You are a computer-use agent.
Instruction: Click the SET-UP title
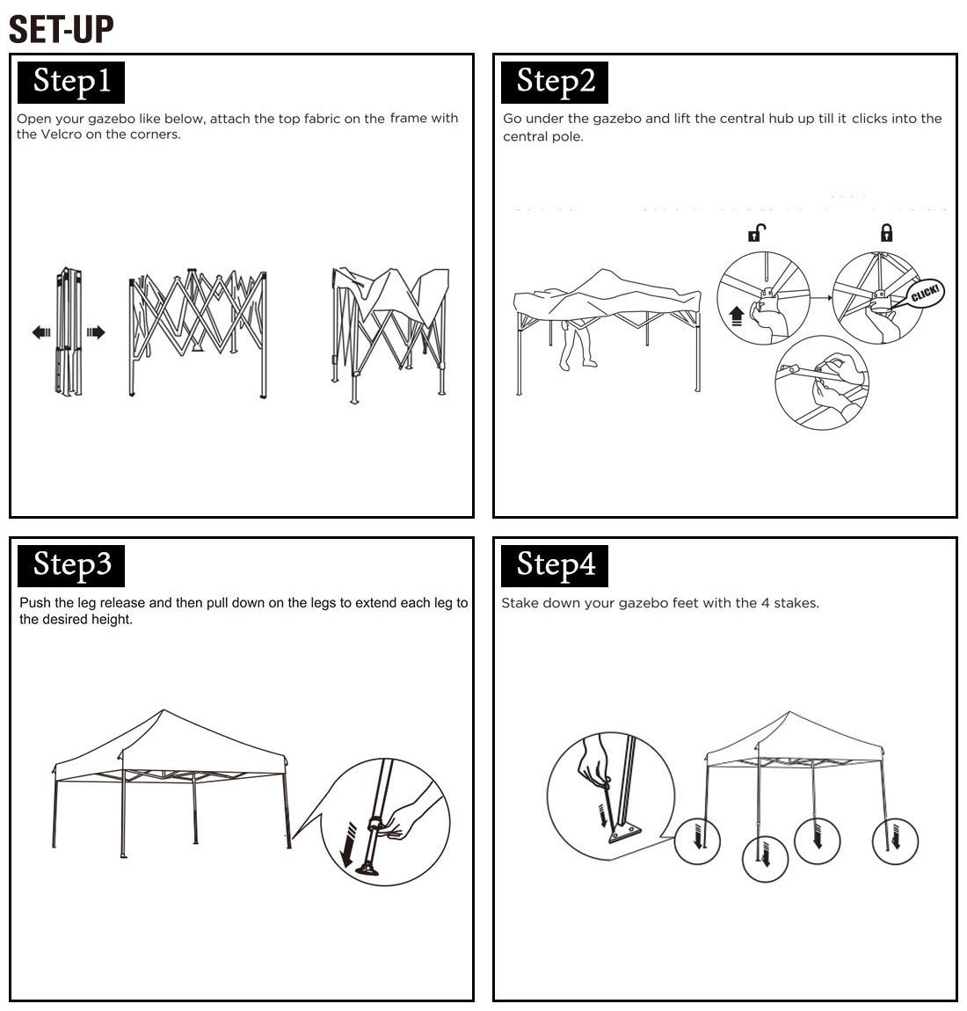click(62, 30)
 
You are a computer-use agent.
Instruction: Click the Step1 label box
click(71, 83)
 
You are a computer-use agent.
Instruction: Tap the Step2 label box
click(555, 83)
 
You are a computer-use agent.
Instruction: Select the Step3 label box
click(71, 565)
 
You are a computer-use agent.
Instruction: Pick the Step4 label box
click(555, 565)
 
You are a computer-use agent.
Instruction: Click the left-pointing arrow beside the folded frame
click(41, 332)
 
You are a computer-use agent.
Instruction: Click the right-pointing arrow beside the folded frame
click(96, 332)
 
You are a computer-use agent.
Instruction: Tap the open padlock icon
click(757, 232)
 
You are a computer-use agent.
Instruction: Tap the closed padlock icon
click(887, 232)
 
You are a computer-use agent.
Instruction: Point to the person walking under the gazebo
click(577, 345)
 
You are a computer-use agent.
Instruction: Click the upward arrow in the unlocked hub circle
click(736, 316)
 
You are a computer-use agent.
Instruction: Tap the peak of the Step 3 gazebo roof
click(164, 709)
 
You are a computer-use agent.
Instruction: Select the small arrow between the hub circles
click(821, 297)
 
